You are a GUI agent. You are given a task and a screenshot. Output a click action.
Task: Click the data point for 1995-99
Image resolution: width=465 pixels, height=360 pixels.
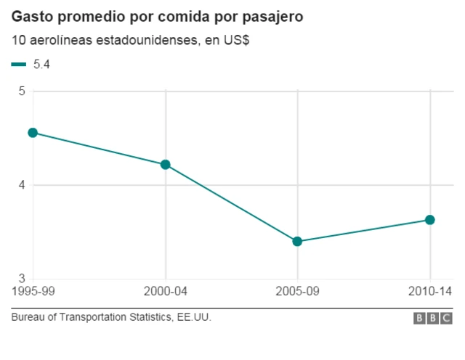(33, 133)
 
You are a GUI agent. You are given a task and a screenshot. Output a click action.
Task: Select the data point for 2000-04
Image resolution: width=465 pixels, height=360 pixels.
(165, 165)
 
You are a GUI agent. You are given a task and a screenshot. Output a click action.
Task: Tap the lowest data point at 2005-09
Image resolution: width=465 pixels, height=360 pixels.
(297, 241)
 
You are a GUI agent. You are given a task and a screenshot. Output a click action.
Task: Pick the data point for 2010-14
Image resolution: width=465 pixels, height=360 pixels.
(429, 220)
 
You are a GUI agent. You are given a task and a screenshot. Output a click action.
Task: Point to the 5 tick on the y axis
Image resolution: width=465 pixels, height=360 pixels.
(22, 91)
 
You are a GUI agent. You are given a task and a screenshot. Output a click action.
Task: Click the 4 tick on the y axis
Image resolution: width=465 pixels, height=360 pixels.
(22, 185)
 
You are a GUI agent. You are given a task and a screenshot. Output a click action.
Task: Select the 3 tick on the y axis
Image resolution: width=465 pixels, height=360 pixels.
(22, 279)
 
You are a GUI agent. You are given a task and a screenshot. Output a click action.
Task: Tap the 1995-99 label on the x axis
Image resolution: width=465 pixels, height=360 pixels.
(33, 292)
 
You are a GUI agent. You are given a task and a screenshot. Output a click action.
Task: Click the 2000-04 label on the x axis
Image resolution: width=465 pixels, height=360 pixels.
(165, 292)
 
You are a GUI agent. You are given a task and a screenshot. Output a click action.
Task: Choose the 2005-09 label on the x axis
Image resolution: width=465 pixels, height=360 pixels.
(297, 292)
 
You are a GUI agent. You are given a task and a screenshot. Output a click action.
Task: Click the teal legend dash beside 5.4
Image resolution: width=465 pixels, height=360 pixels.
(19, 65)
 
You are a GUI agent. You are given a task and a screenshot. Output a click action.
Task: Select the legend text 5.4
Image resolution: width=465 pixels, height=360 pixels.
(41, 65)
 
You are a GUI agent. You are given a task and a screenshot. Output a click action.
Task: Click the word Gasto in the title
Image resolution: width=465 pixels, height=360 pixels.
(31, 17)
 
